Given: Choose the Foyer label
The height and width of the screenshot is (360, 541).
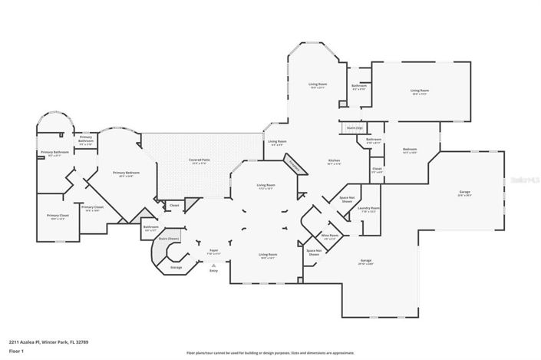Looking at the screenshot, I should click(x=215, y=249).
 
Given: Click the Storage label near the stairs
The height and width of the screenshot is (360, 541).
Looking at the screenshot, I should click(x=176, y=267).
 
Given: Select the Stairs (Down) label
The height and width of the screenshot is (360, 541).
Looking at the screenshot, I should click(x=169, y=239).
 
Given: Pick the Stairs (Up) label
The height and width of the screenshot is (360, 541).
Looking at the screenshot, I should click(x=355, y=127).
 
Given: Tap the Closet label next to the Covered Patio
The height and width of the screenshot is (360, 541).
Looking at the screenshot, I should click(x=174, y=205).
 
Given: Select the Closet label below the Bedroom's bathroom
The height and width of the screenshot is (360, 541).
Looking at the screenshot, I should click(x=377, y=170).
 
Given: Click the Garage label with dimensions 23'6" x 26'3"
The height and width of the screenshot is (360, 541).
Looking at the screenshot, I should click(x=464, y=192).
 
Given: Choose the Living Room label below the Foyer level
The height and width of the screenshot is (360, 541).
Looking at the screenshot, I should click(x=267, y=256).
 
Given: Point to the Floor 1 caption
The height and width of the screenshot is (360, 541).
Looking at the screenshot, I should click(x=16, y=352).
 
